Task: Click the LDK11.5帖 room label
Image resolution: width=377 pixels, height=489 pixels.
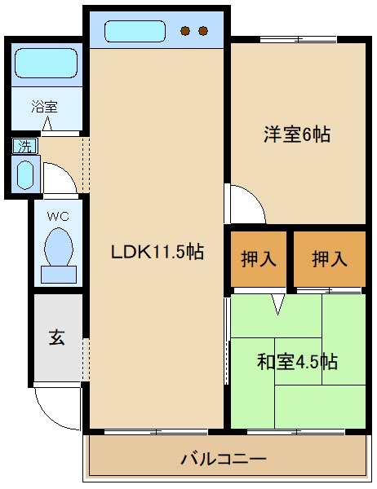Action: coord(157,252)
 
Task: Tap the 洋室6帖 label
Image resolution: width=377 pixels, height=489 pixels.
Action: coord(296,134)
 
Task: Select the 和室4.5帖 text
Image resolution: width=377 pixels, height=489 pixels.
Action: coord(296,361)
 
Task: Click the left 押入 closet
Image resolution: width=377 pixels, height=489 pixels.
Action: coord(259,259)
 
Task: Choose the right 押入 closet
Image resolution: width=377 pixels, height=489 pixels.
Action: coord(329,259)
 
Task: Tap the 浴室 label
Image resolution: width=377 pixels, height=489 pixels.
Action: coord(44,105)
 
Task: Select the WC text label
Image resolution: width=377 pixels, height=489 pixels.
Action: coord(57,217)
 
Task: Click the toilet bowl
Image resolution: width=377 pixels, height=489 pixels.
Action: coord(58,246)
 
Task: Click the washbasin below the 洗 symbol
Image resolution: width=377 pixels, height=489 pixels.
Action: coord(24,174)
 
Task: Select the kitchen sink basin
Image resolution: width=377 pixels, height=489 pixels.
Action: coord(136,32)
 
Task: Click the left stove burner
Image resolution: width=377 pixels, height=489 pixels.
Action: coord(185,32)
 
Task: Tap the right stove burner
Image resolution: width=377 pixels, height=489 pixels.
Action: coord(202,32)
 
